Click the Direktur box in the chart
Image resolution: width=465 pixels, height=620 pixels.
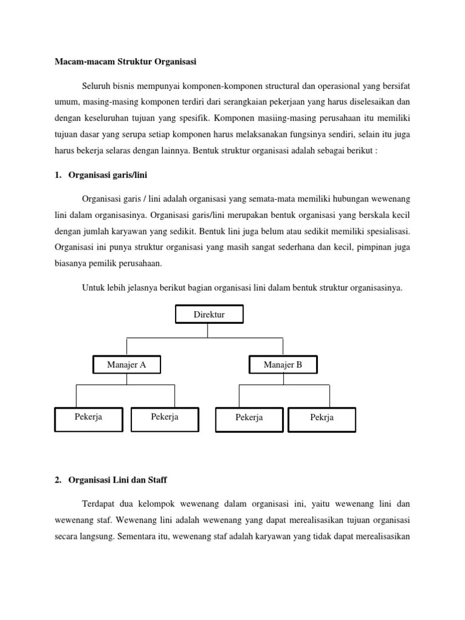point(209,315)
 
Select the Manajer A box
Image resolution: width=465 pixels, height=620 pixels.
point(127,364)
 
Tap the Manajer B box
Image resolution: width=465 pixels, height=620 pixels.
point(283,364)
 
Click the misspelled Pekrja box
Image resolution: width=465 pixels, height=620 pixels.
point(322,418)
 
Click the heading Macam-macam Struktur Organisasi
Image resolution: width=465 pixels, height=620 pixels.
point(126,61)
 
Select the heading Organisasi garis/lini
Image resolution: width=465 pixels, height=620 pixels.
point(108,175)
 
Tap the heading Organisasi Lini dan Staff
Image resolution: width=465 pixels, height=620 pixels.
point(118,480)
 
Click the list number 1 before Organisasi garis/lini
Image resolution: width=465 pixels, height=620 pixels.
point(58,175)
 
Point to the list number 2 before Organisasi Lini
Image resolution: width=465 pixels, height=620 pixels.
point(58,480)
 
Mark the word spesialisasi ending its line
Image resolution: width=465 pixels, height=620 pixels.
point(385,231)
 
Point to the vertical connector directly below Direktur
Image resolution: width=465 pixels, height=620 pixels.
point(207,330)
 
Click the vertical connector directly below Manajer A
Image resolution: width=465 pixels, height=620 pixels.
point(127,379)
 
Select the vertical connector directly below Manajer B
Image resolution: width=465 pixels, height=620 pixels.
point(283,379)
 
